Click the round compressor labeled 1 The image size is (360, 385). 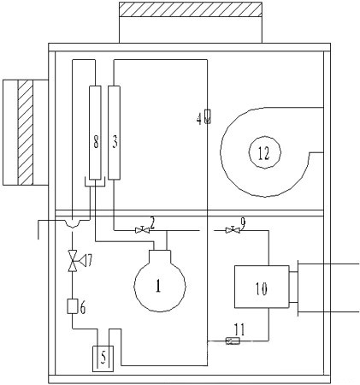(160, 285)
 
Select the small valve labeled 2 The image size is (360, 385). (142, 230)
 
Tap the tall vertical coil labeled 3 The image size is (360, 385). (114, 133)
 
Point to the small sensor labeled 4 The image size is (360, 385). (208, 117)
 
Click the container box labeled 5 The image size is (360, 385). (103, 358)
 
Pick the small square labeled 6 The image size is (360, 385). (72, 306)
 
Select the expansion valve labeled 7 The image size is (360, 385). (73, 260)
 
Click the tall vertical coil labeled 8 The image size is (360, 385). (95, 133)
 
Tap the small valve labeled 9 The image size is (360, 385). (233, 230)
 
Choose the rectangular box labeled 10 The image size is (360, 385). (262, 287)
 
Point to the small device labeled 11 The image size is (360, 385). (233, 341)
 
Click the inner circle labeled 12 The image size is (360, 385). (265, 152)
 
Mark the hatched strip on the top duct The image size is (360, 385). (191, 9)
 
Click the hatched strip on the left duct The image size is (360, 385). (26, 132)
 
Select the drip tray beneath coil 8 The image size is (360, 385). (95, 181)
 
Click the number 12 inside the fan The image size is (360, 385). (263, 153)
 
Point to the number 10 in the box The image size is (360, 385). (261, 288)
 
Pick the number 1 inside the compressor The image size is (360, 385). (158, 286)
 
